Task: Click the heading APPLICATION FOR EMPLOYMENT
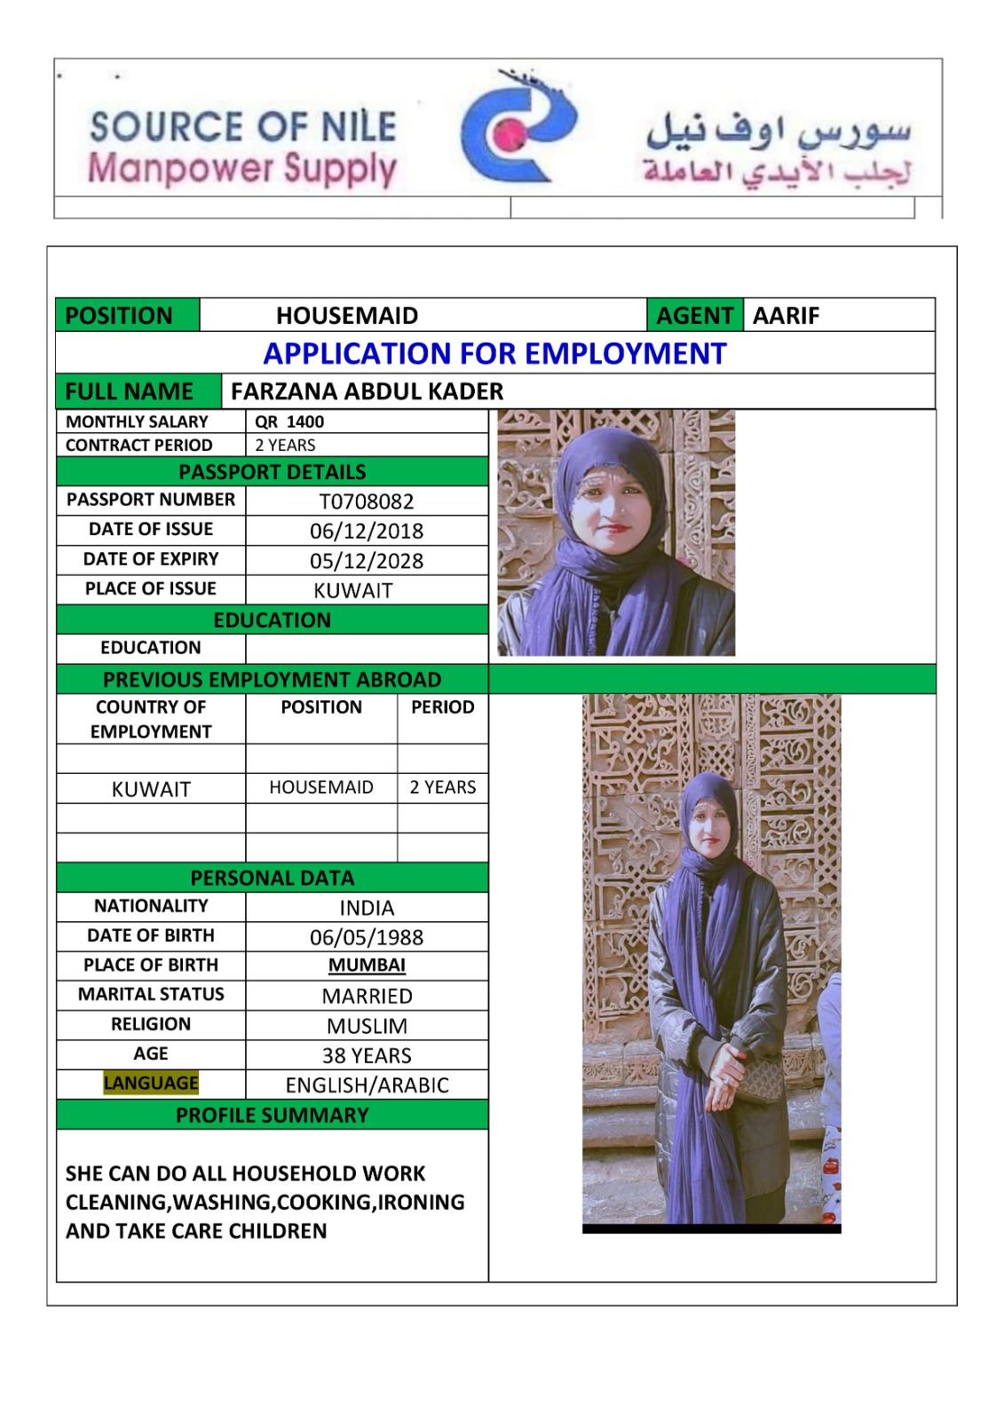click(494, 353)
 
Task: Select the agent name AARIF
click(786, 316)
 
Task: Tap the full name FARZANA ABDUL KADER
click(367, 391)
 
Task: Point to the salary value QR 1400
click(289, 422)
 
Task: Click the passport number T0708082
click(367, 501)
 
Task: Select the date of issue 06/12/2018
click(367, 531)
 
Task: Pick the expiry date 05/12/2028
click(367, 561)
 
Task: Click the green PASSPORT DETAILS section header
click(272, 471)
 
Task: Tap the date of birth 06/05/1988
click(367, 937)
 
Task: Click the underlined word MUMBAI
click(367, 966)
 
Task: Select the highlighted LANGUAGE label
click(151, 1083)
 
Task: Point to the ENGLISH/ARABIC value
click(367, 1085)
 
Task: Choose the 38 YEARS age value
click(367, 1055)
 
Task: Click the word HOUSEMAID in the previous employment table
click(321, 787)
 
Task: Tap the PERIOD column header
click(442, 707)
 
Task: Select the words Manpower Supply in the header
click(241, 169)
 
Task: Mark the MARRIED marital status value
click(367, 996)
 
